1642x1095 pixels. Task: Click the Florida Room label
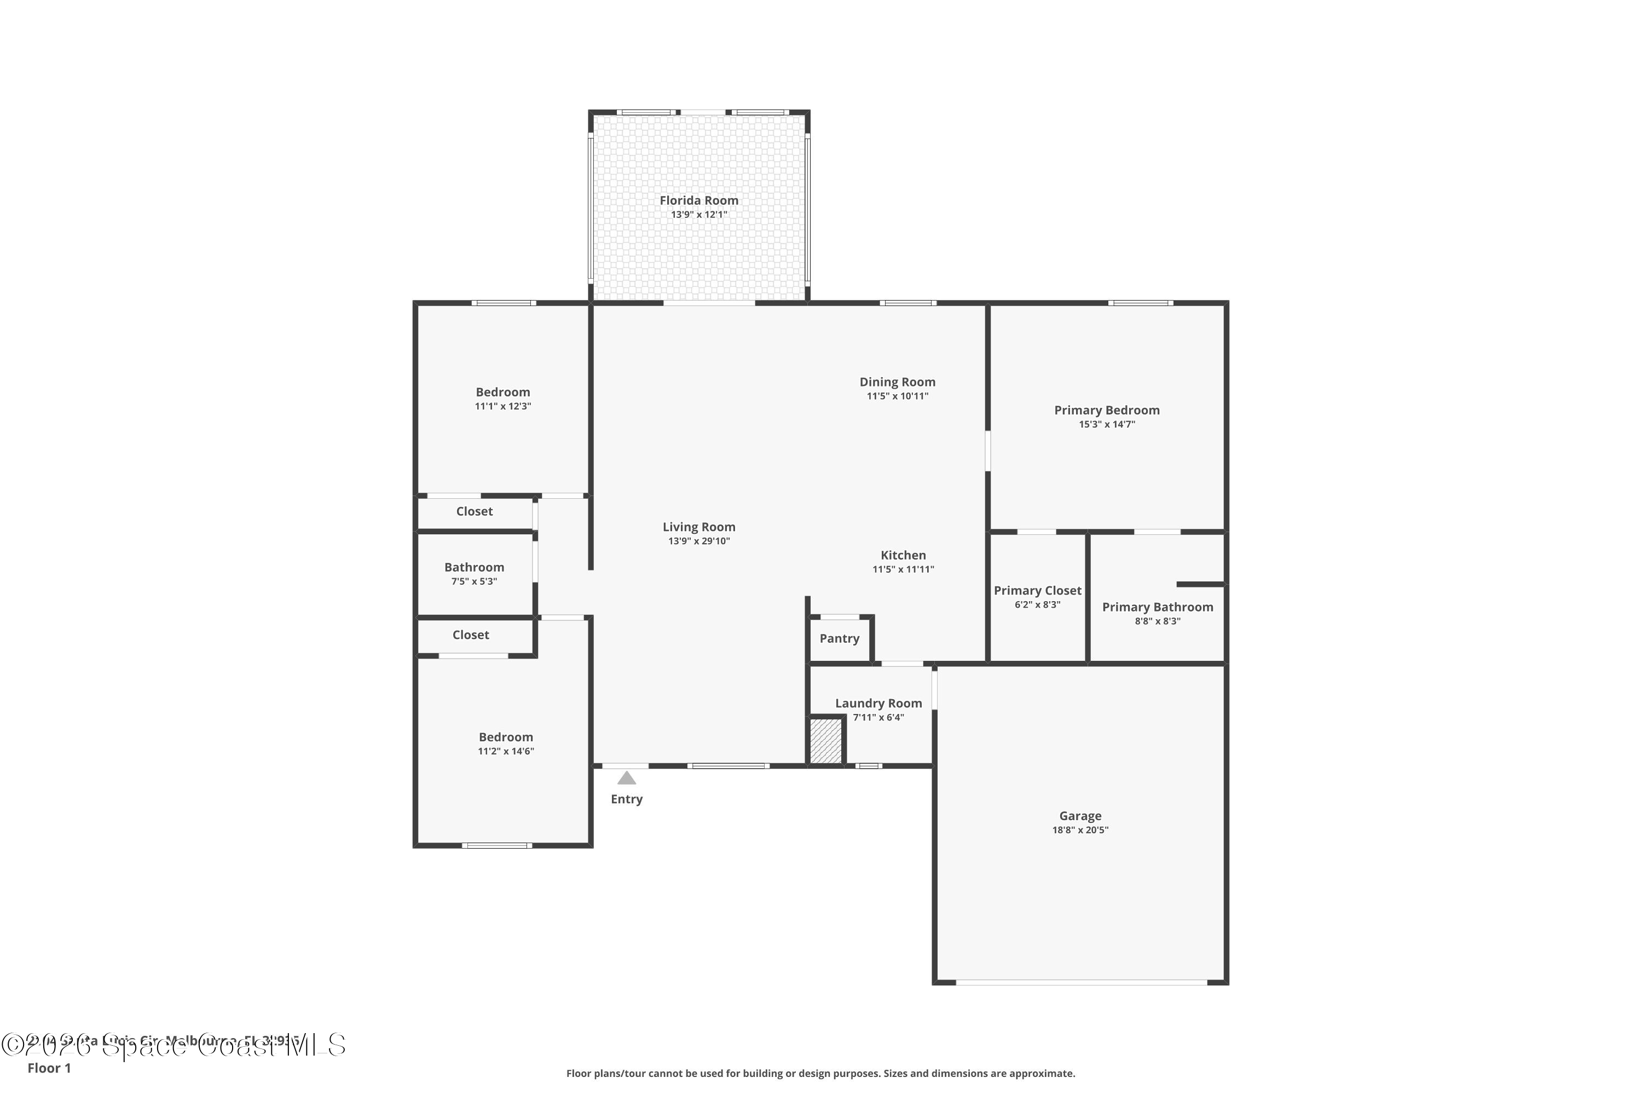pos(699,200)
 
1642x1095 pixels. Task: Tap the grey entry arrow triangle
pos(626,778)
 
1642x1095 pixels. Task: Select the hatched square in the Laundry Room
pos(825,741)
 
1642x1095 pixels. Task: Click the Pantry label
pos(839,638)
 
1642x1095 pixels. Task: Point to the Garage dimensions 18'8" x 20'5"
pos(1080,831)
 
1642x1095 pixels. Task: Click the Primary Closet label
pos(1037,591)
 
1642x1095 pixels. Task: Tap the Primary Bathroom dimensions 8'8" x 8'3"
pos(1158,621)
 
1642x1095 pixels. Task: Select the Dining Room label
pos(897,382)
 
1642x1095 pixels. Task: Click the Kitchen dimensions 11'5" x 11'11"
pos(903,569)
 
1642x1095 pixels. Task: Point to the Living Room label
pos(699,527)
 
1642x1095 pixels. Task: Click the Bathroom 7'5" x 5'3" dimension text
pos(474,581)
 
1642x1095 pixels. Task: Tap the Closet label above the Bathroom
pos(474,511)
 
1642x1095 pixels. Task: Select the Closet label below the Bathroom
pos(471,635)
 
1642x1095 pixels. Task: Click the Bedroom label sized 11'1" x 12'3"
pos(502,393)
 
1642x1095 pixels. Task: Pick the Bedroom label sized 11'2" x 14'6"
pos(505,737)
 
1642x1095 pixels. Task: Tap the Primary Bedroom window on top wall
pos(1140,303)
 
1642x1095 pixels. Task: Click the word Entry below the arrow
pos(626,799)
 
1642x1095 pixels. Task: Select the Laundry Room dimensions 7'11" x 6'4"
pos(878,717)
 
